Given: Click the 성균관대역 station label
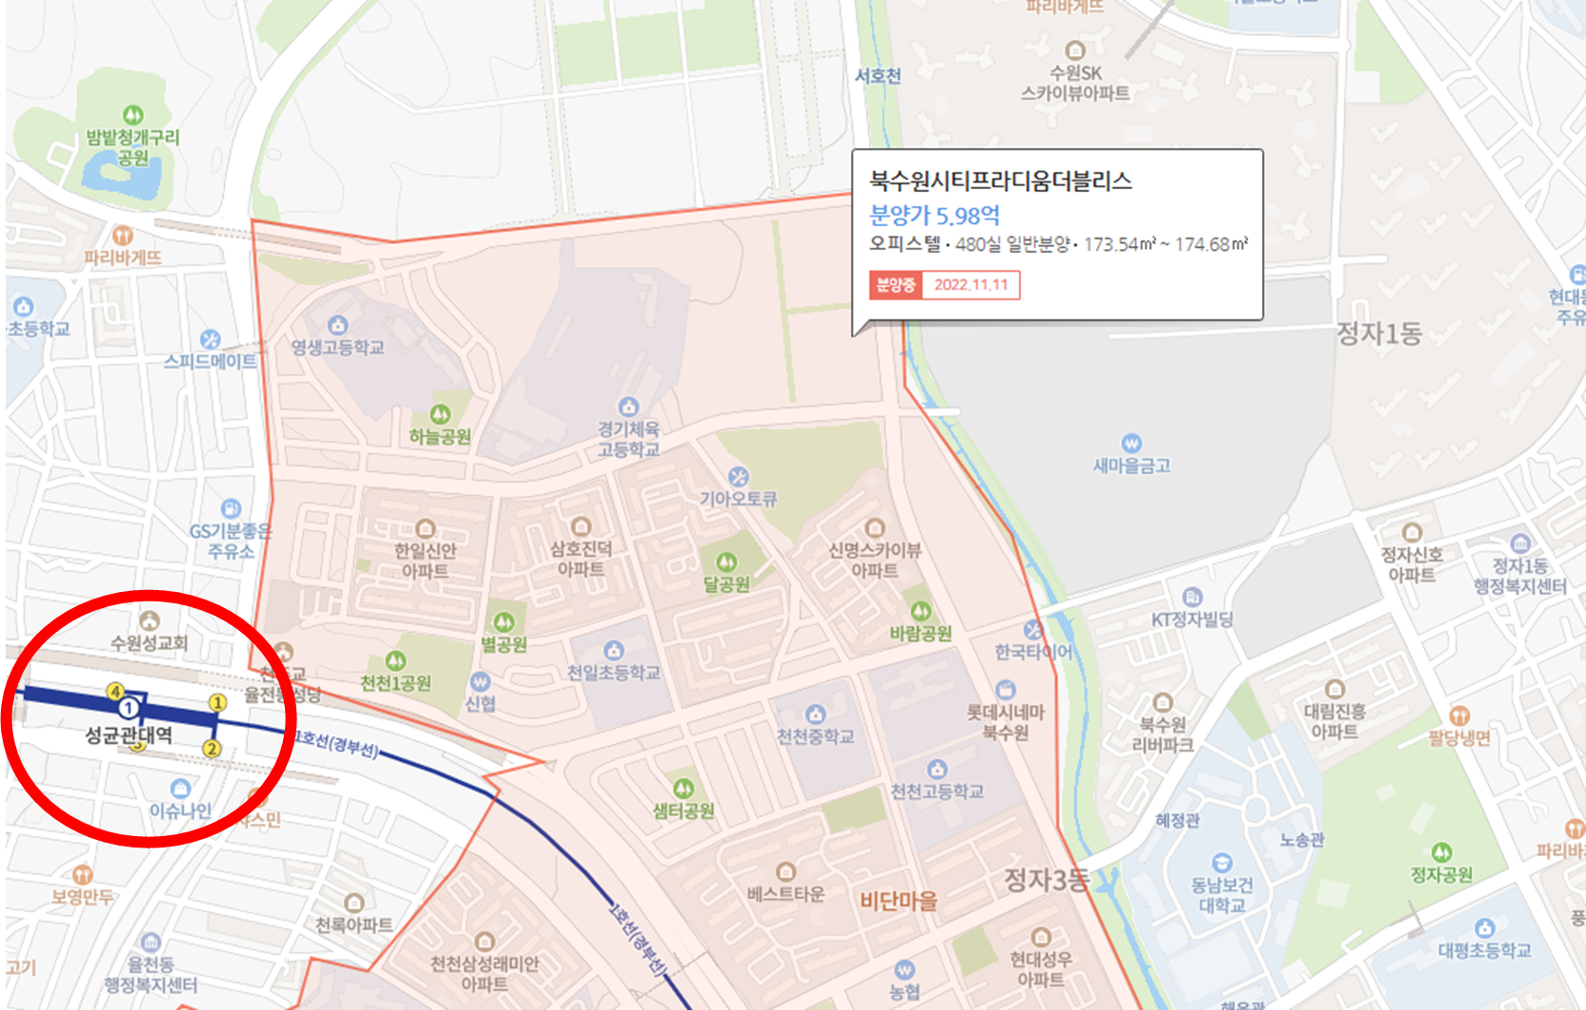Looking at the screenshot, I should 129,734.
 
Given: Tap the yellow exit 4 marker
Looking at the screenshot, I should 116,692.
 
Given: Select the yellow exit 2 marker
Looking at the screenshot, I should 212,749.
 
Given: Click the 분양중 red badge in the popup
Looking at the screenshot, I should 895,285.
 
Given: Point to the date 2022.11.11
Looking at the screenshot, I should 971,285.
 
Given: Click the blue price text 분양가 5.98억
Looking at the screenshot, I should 935,216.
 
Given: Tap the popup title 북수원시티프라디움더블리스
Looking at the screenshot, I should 1000,181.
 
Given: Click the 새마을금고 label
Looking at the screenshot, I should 1131,466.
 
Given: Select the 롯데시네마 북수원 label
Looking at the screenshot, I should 1006,722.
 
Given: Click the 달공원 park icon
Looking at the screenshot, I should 727,562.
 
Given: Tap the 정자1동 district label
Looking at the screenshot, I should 1379,333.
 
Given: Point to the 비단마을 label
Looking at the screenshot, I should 898,901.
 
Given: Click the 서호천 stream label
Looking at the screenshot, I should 878,76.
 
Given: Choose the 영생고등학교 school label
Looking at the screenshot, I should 337,348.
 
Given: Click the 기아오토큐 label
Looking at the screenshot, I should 738,499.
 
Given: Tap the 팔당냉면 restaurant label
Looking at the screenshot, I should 1460,738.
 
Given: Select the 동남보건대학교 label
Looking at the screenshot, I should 1222,895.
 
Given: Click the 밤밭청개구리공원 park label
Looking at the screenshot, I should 133,147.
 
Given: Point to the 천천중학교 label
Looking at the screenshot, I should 815,736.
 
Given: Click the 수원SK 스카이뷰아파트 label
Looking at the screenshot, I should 1075,83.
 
